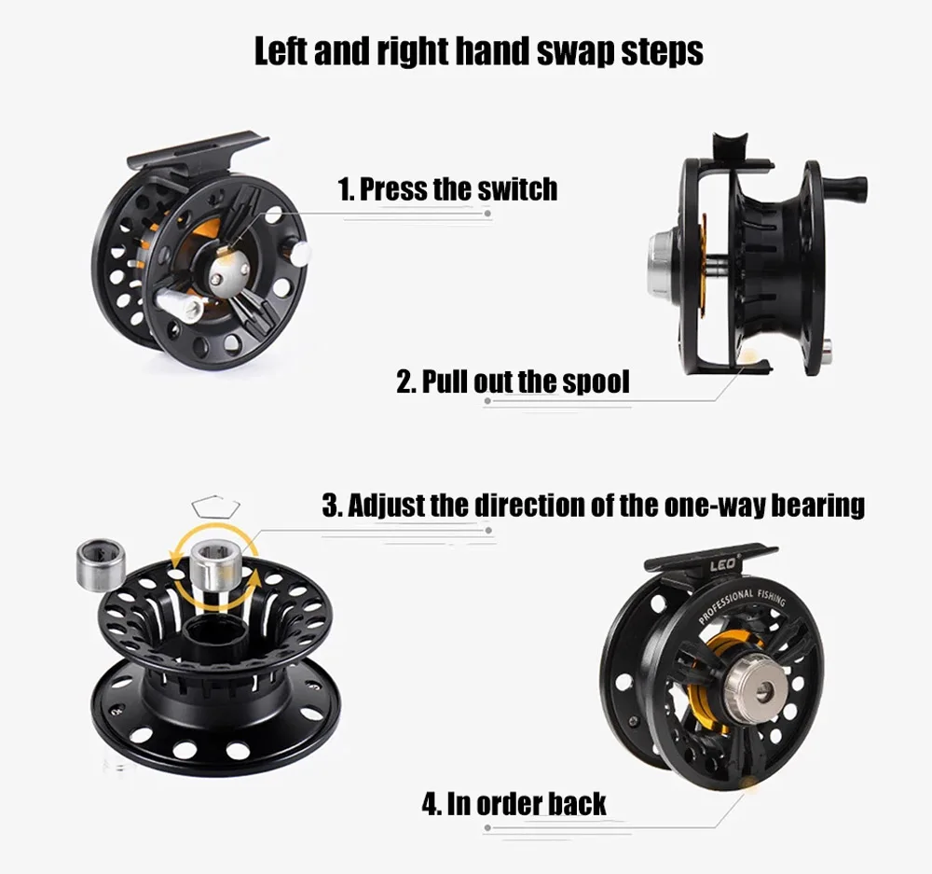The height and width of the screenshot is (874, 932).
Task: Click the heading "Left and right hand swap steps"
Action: click(x=479, y=51)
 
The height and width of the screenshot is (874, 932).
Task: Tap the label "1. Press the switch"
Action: click(x=448, y=189)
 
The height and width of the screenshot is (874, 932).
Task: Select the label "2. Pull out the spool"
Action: click(x=513, y=382)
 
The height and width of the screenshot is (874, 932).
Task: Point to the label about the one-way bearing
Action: click(x=594, y=506)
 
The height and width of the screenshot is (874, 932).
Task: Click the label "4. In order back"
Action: click(x=514, y=804)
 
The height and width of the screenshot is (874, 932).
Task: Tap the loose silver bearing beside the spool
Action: click(x=100, y=565)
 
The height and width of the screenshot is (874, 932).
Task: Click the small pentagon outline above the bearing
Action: click(x=216, y=506)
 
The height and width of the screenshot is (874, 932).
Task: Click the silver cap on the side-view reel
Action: click(x=662, y=263)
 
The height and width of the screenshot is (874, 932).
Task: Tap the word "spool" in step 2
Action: click(x=596, y=382)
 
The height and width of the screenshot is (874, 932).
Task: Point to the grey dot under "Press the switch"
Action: click(x=487, y=213)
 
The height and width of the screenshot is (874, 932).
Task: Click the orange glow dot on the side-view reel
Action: click(x=749, y=357)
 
